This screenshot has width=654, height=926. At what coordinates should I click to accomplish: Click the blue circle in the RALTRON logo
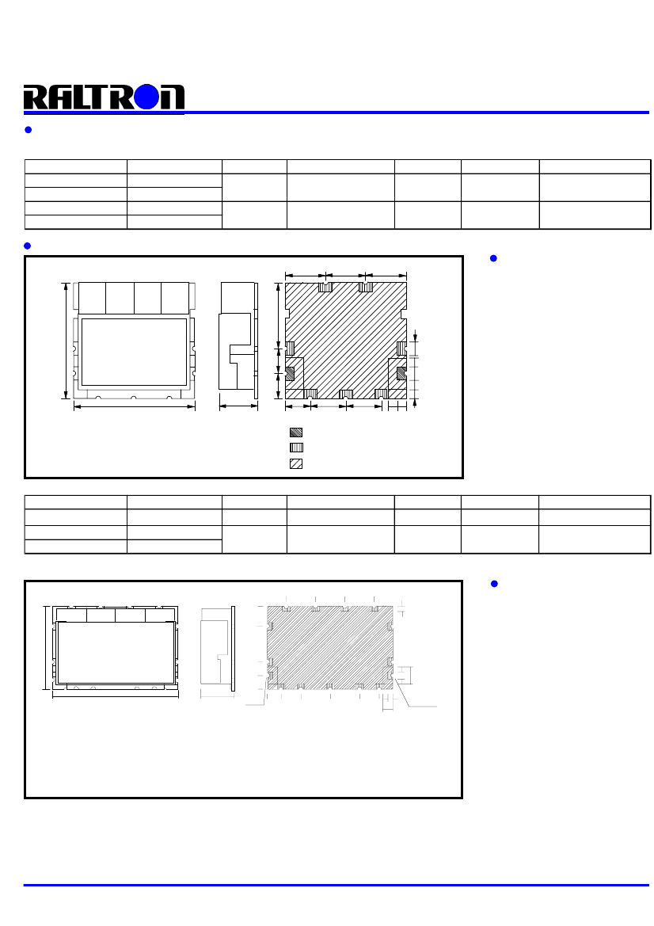[147, 97]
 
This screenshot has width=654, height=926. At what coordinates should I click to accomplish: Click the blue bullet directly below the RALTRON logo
[28, 130]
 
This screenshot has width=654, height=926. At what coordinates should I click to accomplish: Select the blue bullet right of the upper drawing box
[493, 258]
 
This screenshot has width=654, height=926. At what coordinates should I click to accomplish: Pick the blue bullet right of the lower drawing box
[494, 584]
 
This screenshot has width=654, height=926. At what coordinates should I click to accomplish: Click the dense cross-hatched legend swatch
[296, 433]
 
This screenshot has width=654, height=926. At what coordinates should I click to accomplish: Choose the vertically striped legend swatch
[296, 448]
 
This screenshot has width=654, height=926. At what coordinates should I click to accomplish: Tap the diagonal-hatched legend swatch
[296, 463]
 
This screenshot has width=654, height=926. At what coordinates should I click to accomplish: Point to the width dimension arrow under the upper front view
[135, 406]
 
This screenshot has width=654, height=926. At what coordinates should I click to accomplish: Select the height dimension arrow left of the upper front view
[66, 341]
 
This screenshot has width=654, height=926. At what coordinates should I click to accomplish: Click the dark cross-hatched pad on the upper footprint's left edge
[290, 373]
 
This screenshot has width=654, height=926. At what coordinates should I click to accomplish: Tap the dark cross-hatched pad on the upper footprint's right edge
[401, 373]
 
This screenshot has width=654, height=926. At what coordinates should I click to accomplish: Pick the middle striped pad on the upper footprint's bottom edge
[346, 394]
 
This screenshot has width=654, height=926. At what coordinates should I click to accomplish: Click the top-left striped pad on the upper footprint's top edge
[325, 287]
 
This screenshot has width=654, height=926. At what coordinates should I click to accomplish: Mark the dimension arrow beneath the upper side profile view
[238, 406]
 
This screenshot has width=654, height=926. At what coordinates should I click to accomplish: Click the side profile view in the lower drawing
[218, 648]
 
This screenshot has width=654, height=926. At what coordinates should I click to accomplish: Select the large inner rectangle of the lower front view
[116, 652]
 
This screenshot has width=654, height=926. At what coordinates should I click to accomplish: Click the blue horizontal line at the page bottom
[337, 885]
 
